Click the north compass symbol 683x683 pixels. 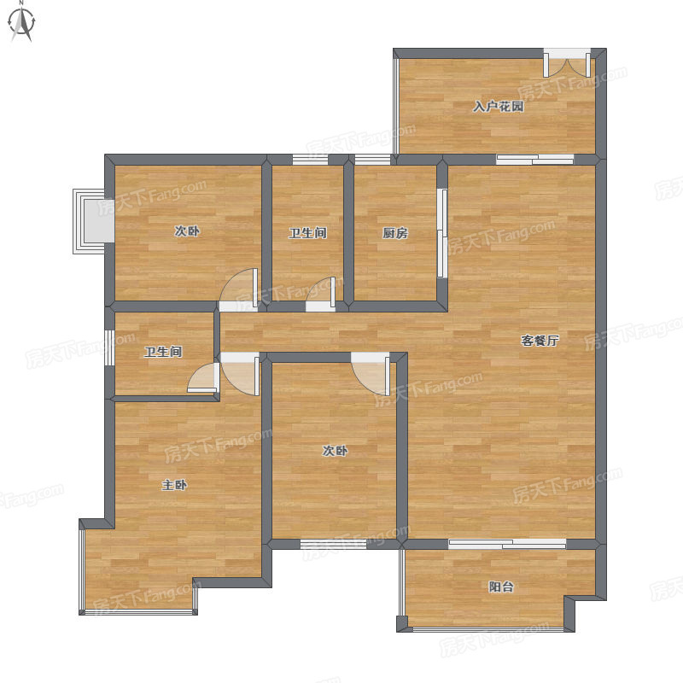(x=22, y=22)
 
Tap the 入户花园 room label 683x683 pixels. (x=499, y=106)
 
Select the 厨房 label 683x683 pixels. (x=395, y=233)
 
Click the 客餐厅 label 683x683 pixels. (x=540, y=340)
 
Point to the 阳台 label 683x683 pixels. (x=501, y=587)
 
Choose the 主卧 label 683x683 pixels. (x=174, y=485)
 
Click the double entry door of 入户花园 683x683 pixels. (x=567, y=62)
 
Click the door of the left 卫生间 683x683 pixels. (x=203, y=377)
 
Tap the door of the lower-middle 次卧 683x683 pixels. (x=371, y=373)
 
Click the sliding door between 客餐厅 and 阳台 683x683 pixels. (x=507, y=544)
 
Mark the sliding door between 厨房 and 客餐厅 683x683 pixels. (x=442, y=232)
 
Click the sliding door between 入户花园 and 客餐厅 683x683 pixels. (x=535, y=160)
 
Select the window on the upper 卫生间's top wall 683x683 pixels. (x=310, y=160)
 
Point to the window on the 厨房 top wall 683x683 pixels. (x=373, y=160)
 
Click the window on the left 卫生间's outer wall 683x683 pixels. (x=109, y=347)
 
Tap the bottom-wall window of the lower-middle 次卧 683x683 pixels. (x=334, y=544)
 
